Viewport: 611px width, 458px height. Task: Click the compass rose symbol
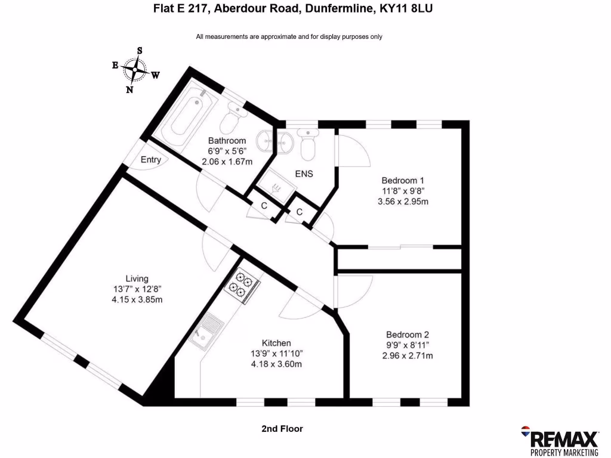pyautogui.click(x=135, y=70)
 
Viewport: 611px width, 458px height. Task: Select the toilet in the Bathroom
pyautogui.click(x=230, y=121)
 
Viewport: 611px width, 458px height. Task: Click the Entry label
pyautogui.click(x=150, y=160)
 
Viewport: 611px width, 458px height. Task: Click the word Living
pyautogui.click(x=137, y=278)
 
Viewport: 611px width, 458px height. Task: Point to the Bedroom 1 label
pyautogui.click(x=403, y=180)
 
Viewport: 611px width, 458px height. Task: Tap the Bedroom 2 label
pyautogui.click(x=407, y=335)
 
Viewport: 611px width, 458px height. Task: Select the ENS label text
pyautogui.click(x=304, y=174)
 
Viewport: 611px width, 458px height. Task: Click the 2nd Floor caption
pyautogui.click(x=282, y=429)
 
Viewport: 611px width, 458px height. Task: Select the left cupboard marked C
pyautogui.click(x=263, y=206)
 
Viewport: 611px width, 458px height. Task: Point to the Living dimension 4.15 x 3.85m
pyautogui.click(x=137, y=300)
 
